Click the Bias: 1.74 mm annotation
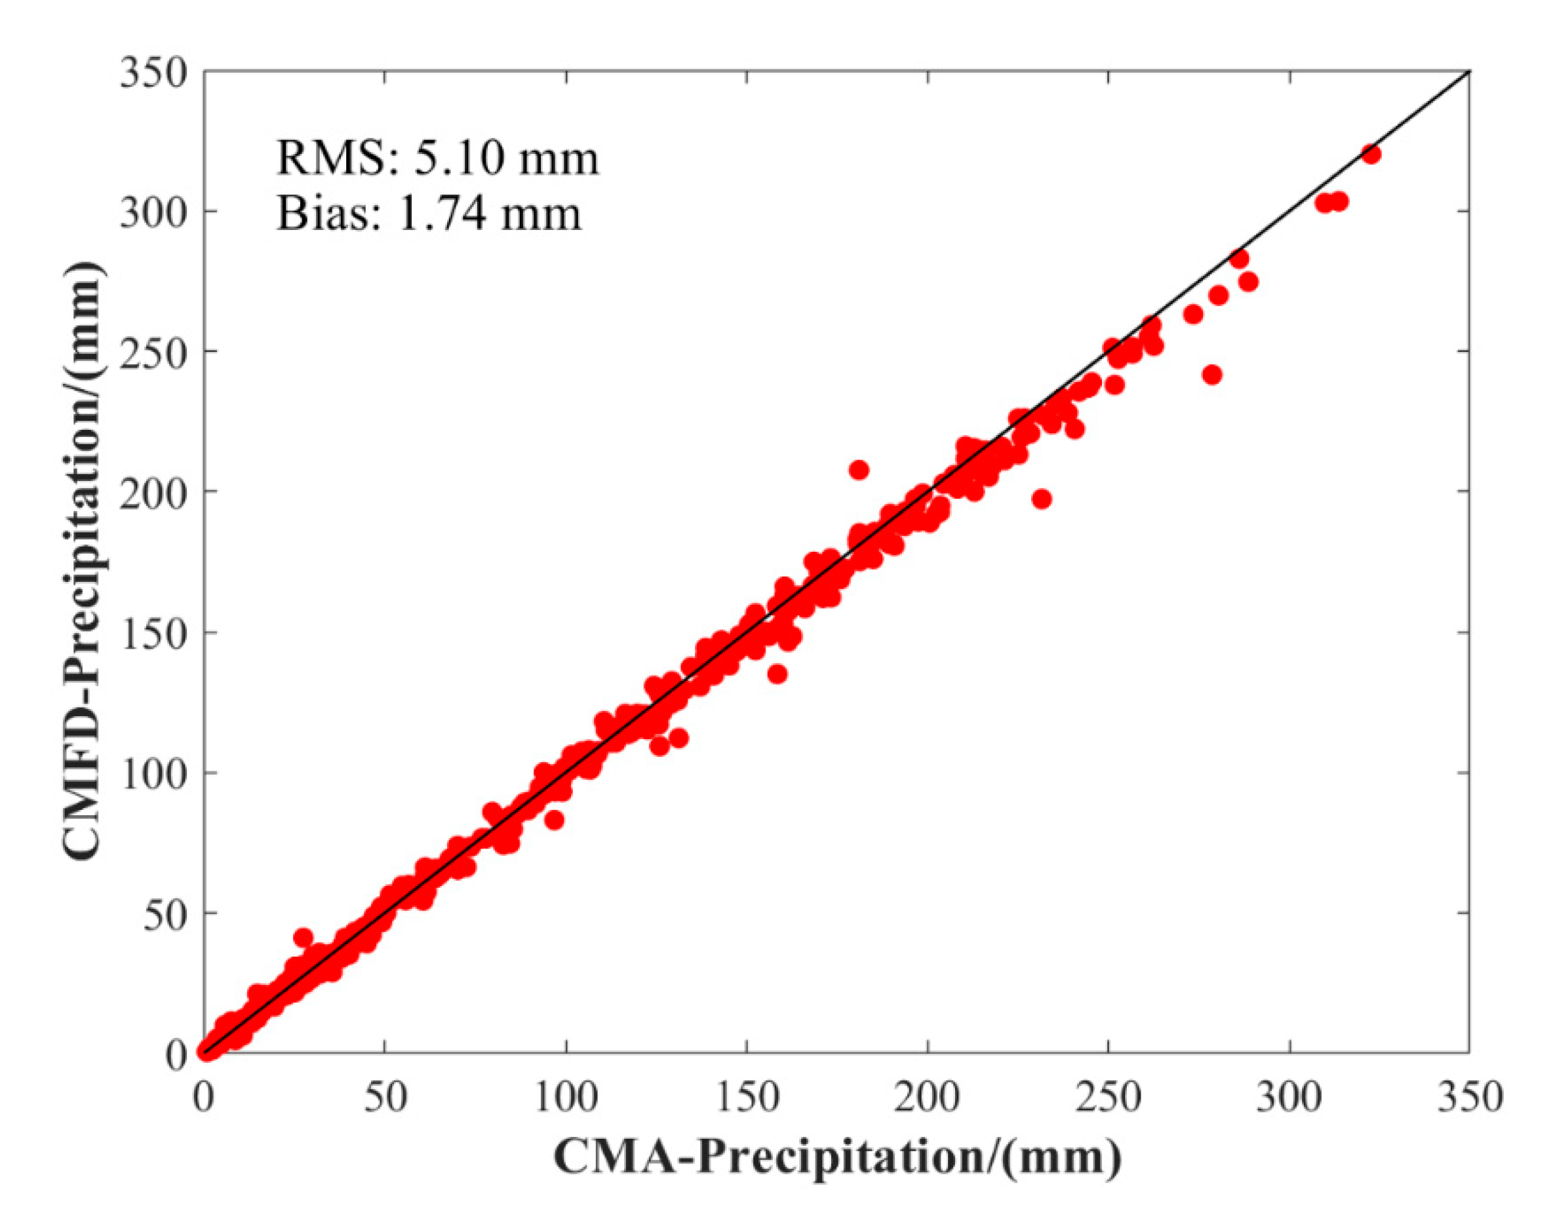429,213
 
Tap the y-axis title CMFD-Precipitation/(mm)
85,562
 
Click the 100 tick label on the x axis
566,1097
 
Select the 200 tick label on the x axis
927,1097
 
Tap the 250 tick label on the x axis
1108,1097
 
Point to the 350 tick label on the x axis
1468,1097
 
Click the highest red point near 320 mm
1371,154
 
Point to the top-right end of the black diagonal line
1468,71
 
